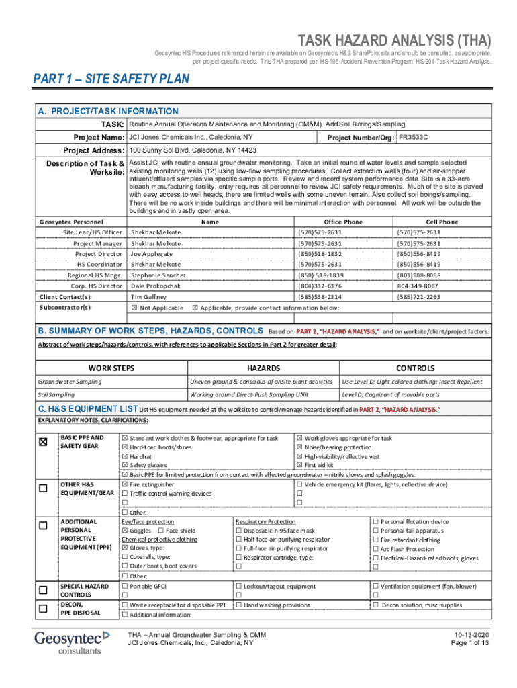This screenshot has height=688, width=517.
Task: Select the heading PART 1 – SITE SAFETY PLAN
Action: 111,79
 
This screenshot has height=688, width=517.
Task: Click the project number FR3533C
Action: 413,137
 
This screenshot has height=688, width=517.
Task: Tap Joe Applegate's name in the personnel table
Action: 151,254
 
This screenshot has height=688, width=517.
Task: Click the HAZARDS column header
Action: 264,368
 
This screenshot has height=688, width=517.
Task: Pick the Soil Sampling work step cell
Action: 56,394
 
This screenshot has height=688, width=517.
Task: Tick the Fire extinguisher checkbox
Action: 125,484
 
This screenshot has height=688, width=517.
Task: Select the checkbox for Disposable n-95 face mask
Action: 238,530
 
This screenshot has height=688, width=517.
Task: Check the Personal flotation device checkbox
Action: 375,521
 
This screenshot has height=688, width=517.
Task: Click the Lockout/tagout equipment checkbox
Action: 238,587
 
